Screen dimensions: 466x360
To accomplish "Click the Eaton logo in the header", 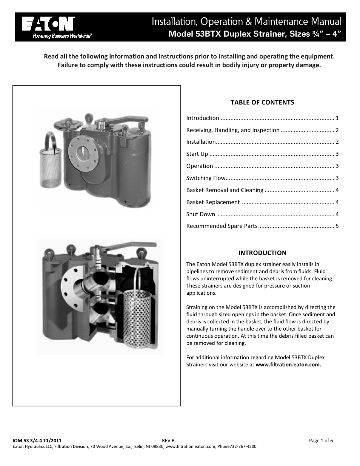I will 48,24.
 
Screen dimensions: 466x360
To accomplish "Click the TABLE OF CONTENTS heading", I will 262,102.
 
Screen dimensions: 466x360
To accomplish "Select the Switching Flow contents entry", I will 206,178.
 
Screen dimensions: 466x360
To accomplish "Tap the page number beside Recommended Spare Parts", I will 337,226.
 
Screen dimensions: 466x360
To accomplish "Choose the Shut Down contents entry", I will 201,214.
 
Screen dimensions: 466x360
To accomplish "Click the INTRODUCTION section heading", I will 262,253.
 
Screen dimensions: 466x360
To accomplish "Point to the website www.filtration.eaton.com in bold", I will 288,365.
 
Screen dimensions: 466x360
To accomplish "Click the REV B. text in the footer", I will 169,440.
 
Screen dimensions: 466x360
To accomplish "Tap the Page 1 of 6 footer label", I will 321,440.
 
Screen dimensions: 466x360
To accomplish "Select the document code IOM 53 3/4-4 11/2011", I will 37,440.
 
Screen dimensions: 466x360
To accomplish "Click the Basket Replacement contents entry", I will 213,202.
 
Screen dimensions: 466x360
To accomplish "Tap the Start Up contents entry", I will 197,154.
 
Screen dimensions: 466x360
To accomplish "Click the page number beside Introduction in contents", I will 337,118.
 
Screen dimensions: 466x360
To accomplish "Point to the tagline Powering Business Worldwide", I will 62,36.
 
